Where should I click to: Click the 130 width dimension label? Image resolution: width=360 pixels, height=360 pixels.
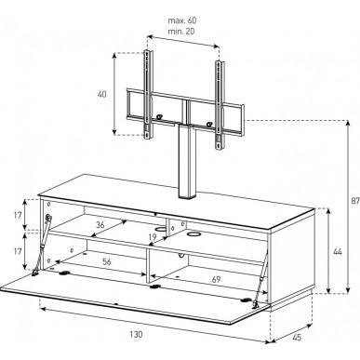coord(136,335)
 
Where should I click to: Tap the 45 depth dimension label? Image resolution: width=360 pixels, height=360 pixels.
coord(297,337)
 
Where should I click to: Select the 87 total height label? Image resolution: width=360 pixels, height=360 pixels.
coord(355,201)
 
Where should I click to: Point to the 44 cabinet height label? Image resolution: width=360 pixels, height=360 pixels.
coord(338,252)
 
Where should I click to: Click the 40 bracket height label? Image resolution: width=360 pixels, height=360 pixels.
coord(102,94)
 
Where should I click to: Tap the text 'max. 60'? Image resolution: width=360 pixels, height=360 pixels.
coord(182,20)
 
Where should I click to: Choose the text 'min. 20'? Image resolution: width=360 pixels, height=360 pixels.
coord(181,32)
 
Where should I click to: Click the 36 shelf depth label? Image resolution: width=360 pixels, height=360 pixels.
coord(100,225)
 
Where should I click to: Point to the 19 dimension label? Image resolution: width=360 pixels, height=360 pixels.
coord(153,237)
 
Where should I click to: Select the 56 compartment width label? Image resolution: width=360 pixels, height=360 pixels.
coord(107,261)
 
